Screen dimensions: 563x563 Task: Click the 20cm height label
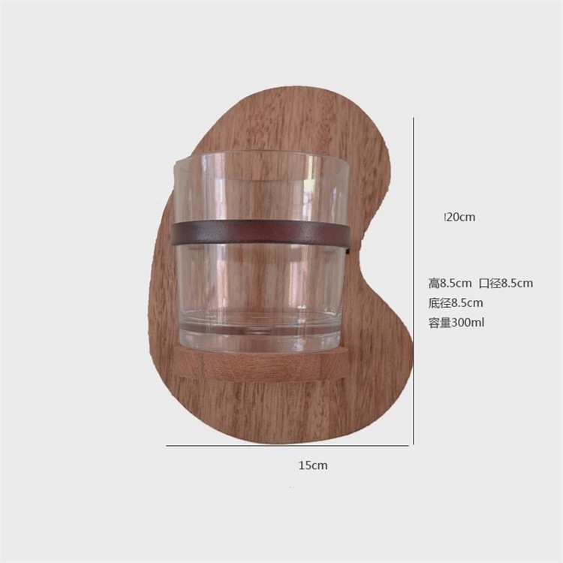460,217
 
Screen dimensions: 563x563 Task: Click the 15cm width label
313,465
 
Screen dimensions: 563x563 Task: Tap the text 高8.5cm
450,283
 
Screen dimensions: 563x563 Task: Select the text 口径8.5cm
506,283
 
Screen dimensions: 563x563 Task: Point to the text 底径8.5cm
456,303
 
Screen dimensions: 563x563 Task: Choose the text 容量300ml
456,323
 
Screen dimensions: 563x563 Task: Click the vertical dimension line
414,281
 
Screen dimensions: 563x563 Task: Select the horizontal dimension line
288,446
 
